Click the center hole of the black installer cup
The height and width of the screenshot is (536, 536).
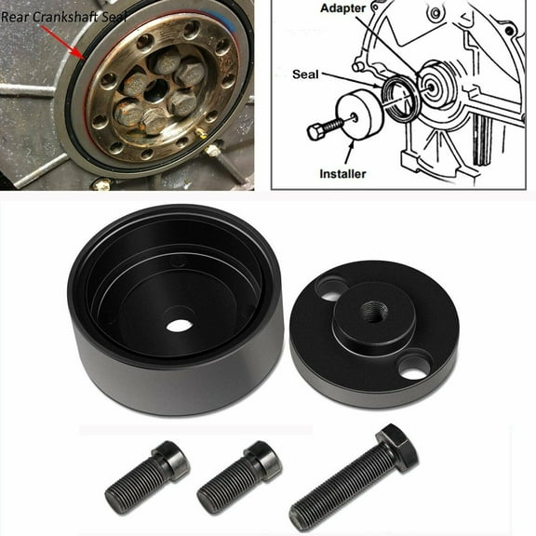click(179, 325)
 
